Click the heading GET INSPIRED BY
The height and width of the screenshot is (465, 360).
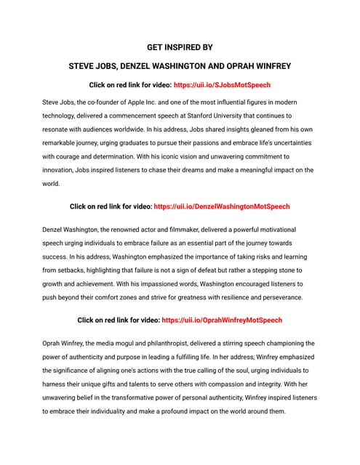click(180, 47)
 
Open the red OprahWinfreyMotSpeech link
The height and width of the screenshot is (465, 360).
click(222, 320)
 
